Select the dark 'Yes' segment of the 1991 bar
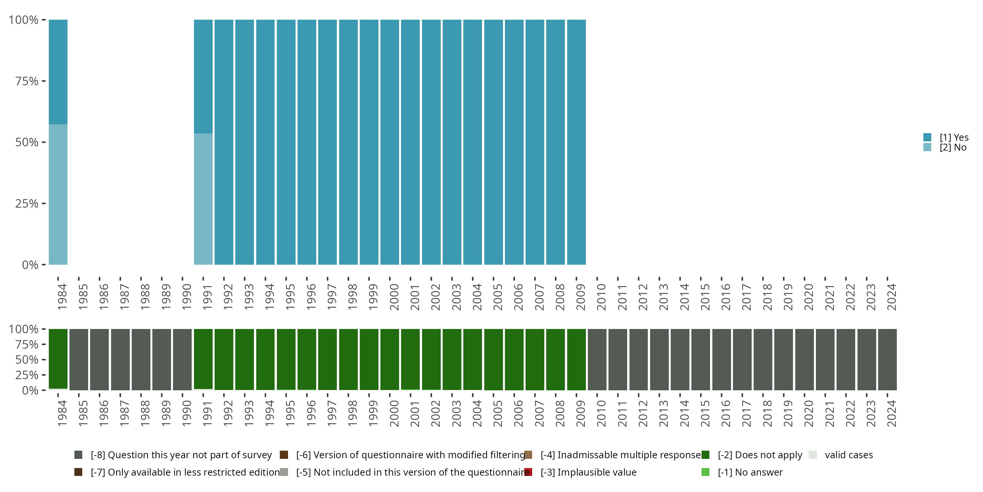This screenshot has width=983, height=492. coord(203,76)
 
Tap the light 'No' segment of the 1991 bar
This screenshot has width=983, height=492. coord(203,199)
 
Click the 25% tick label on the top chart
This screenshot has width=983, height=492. coord(27,204)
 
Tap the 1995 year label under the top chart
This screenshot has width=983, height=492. coord(290,297)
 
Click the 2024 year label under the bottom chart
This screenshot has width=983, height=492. coord(891,413)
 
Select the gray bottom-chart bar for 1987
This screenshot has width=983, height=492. coord(120,359)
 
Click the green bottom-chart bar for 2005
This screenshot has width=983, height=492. coord(493,359)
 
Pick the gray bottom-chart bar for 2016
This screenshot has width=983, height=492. coord(721,359)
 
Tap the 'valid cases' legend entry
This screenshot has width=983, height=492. coord(848,455)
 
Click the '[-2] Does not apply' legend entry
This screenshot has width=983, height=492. coord(760,455)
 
